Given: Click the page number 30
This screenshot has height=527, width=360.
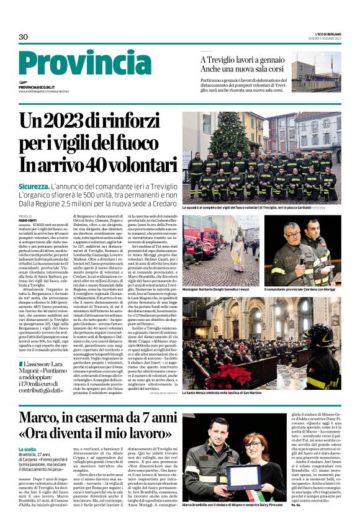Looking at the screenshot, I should [x=24, y=37].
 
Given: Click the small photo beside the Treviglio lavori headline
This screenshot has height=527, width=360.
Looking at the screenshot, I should [x=316, y=73].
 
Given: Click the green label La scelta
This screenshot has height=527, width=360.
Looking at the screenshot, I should [x=29, y=449].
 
